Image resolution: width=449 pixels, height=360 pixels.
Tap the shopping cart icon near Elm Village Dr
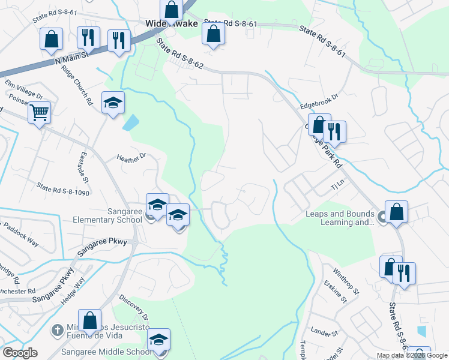pos(39,112)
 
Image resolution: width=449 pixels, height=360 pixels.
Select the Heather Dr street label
pos(131,157)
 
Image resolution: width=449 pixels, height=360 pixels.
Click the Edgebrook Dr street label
pos(319,95)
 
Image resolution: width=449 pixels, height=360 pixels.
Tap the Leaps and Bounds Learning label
pos(340,218)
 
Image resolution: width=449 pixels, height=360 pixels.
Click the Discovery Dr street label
pos(133,307)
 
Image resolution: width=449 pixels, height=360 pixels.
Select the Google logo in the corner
pos(20,352)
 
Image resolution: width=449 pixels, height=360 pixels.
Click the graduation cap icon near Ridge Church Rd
pos(112,103)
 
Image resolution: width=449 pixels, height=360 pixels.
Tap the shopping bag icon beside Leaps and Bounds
pos(396,212)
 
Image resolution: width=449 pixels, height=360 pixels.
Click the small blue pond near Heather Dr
pos(130,124)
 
